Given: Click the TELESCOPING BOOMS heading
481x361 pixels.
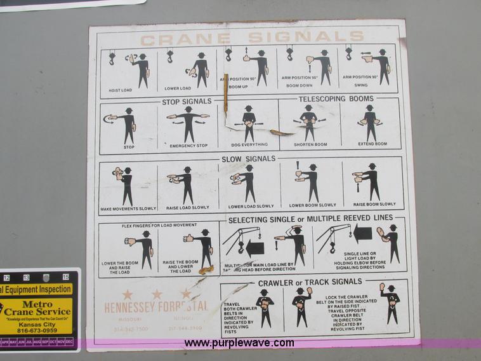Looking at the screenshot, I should coord(336,99).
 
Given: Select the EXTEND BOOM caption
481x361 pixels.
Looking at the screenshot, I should coord(372,144).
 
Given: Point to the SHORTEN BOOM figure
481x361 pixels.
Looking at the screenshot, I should coord(309,121).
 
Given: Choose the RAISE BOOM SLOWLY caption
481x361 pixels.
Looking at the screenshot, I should coord(374,205).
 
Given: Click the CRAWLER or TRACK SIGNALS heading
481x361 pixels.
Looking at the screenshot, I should coord(310,282).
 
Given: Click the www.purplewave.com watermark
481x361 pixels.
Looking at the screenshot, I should coord(239,343).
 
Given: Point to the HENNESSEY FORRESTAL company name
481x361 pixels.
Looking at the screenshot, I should coord(156,307).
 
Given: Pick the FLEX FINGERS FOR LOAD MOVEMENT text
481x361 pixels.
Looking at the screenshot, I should coord(159,226).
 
